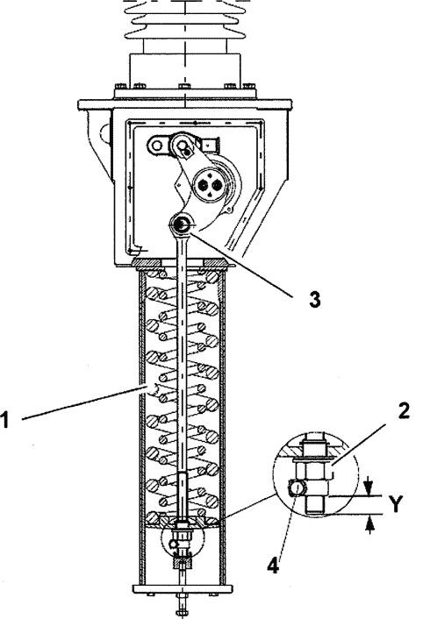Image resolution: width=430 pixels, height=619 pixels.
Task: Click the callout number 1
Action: [x=4, y=419]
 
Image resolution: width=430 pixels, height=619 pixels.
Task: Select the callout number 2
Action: [x=403, y=411]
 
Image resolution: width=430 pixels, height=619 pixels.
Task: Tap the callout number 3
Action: [x=314, y=299]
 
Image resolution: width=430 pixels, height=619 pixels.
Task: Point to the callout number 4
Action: [x=273, y=566]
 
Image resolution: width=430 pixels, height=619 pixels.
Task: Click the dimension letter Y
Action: [x=395, y=504]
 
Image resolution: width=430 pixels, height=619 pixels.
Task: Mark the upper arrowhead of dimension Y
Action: [x=369, y=490]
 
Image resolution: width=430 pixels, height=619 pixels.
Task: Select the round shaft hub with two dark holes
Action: [x=210, y=183]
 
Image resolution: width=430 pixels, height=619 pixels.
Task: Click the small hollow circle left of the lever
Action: [x=157, y=146]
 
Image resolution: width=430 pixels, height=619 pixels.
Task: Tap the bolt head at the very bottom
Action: [x=182, y=613]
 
